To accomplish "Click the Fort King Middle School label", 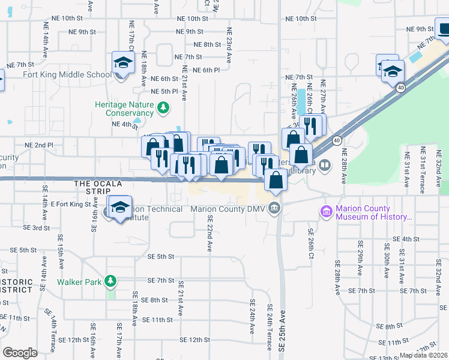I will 67,75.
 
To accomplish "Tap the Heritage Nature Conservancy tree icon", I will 163,108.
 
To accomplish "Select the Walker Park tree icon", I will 110,281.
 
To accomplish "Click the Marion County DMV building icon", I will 274,209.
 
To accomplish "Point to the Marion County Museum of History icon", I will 326,212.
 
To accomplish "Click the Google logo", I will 20,353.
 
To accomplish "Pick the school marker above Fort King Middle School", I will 123,63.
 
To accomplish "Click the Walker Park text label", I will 80,281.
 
